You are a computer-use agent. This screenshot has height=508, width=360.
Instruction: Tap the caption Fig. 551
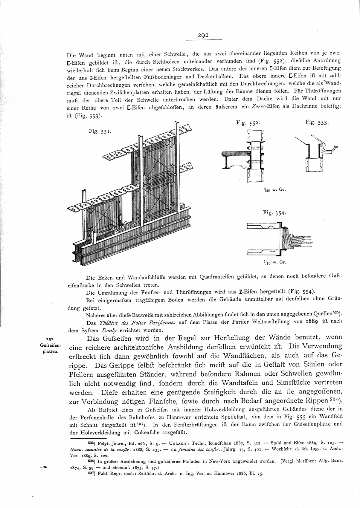point(100,131)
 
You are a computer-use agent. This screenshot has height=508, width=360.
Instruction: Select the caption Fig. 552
point(246,123)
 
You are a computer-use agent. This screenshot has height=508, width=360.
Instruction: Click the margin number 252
point(50,339)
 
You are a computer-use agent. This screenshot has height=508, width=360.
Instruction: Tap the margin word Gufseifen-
point(50,345)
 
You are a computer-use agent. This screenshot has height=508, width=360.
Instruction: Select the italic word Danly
point(109,330)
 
